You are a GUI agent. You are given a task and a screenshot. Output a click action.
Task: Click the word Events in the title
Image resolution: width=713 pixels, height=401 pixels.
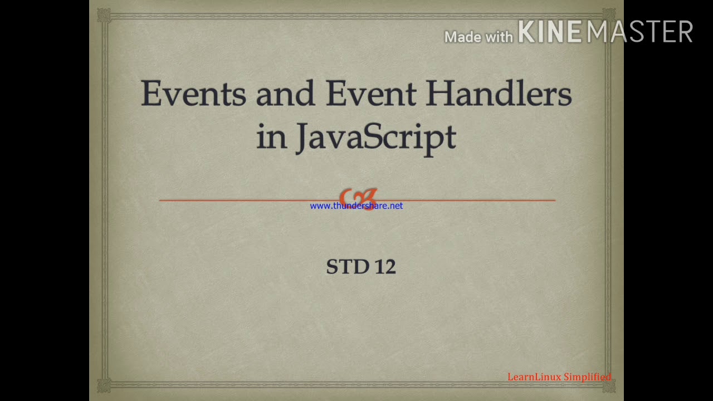click(x=193, y=93)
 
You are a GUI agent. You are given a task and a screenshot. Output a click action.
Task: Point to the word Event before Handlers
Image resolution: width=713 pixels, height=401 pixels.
click(x=370, y=93)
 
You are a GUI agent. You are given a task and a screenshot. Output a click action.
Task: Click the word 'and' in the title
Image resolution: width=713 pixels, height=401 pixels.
click(x=285, y=93)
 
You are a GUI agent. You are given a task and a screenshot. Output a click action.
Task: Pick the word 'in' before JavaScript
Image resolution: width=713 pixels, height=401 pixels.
click(x=271, y=136)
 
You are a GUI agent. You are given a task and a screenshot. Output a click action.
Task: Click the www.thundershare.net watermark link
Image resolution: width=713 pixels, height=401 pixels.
click(x=356, y=206)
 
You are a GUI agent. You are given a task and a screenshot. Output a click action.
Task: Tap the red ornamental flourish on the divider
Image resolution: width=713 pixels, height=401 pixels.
click(x=358, y=197)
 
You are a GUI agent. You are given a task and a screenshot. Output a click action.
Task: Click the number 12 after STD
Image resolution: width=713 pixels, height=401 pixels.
click(x=385, y=267)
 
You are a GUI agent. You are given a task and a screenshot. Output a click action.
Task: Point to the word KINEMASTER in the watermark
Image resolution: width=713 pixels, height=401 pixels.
click(x=605, y=32)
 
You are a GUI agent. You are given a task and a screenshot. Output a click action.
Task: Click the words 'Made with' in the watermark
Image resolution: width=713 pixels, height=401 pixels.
click(x=478, y=37)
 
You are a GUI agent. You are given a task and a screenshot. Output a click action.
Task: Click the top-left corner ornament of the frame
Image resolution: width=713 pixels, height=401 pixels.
click(x=104, y=15)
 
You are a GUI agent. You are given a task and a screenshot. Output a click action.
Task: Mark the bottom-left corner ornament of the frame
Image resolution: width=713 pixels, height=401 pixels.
click(x=104, y=385)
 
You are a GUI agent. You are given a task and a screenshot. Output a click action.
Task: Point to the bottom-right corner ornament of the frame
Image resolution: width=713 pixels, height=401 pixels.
click(x=608, y=385)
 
